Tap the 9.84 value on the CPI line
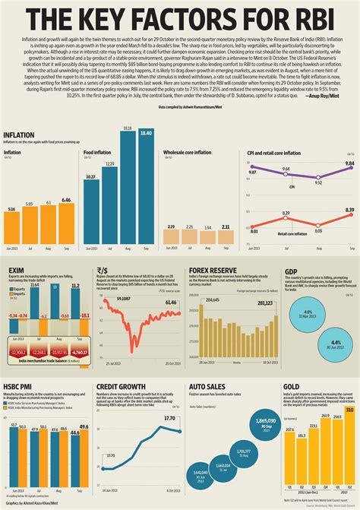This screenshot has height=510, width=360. point(349,164)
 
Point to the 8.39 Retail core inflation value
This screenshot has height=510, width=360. point(349,210)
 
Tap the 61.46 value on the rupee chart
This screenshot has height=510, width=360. point(172,303)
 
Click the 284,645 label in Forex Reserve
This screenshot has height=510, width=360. point(212,301)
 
